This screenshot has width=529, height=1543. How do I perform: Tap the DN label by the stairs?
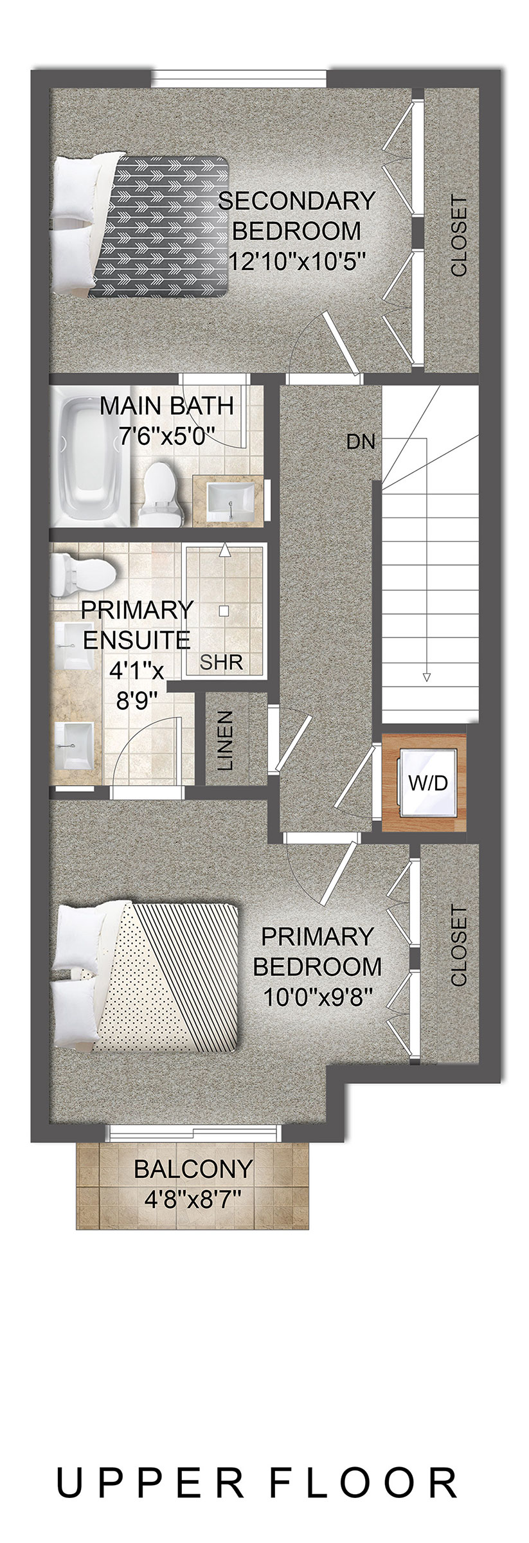tap(361, 442)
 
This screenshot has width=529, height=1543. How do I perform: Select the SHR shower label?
tap(221, 662)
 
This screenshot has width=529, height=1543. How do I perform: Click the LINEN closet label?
tap(225, 741)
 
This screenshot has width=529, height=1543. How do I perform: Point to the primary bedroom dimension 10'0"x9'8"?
tap(318, 997)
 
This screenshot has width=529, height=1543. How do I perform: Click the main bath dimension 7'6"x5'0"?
tap(166, 436)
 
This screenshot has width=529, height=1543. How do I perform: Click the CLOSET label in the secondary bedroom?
tap(459, 236)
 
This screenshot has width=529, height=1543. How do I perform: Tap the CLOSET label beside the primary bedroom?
tap(459, 946)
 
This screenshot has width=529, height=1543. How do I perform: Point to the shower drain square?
tap(223, 611)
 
